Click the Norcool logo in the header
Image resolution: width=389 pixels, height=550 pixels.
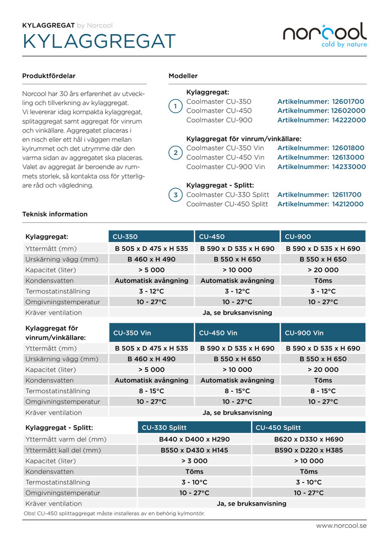click(x=325, y=35)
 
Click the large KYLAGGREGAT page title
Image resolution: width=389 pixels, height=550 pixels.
click(x=99, y=42)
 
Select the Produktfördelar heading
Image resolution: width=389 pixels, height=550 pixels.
click(x=48, y=76)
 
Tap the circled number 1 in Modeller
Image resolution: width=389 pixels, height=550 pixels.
click(x=175, y=107)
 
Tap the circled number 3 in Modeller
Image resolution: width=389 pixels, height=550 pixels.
click(x=175, y=195)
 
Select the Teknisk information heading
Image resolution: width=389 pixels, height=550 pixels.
click(x=54, y=215)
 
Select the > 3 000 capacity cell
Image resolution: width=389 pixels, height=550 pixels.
click(x=194, y=461)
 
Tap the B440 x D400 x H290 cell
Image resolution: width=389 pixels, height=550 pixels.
click(x=194, y=439)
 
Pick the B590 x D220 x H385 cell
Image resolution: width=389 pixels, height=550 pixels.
click(x=309, y=450)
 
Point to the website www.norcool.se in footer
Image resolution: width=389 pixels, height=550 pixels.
click(x=341, y=526)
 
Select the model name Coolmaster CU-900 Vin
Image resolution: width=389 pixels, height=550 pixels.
click(x=226, y=167)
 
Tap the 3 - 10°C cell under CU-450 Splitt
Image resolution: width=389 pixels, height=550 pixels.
click(x=309, y=482)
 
